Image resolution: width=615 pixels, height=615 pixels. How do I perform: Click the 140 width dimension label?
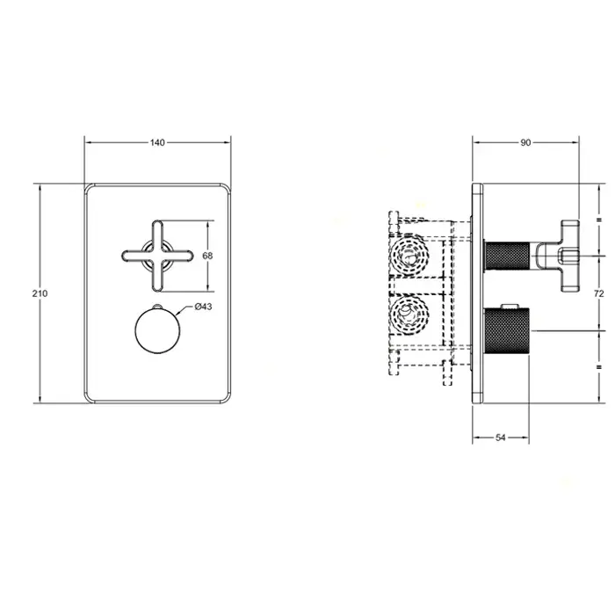(157, 142)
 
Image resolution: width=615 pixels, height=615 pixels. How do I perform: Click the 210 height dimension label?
(40, 293)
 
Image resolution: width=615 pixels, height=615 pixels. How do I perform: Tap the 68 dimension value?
(207, 256)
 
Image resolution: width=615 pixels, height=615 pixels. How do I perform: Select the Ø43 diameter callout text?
(203, 307)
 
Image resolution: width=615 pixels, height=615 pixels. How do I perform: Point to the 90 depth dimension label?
(525, 142)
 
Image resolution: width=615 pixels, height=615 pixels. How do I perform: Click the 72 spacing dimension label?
(599, 293)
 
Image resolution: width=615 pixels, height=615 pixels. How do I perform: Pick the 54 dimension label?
(501, 438)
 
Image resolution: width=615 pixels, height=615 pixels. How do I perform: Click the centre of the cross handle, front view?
(157, 256)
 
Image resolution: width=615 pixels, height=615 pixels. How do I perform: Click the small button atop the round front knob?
(157, 306)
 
